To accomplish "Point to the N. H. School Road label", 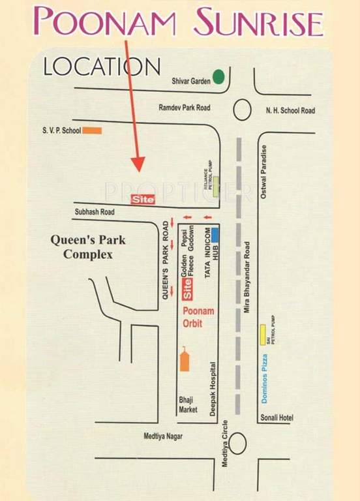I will pos(290,111).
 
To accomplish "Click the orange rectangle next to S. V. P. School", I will pos(93,130).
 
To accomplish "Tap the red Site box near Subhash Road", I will pos(143,199).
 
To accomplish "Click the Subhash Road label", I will pos(95,212).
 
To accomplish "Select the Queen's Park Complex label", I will pos(88,247).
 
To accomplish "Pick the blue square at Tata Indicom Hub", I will pos(214,234).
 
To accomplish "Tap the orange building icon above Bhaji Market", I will pos(186,359).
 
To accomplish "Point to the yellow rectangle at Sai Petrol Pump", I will pos(262,334).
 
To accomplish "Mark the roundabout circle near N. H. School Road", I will pos(243,110).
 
